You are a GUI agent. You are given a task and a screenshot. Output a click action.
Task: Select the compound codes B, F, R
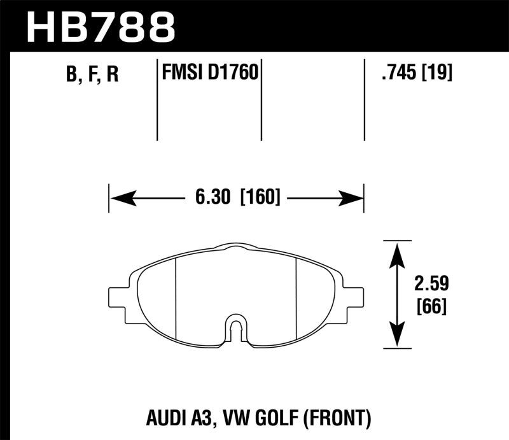[x=92, y=75]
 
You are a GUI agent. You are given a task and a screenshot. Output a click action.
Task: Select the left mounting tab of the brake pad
[x=119, y=296]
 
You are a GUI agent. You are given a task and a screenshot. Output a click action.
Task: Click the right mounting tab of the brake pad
[x=354, y=296]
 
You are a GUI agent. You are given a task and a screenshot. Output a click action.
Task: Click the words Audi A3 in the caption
[x=183, y=418]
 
